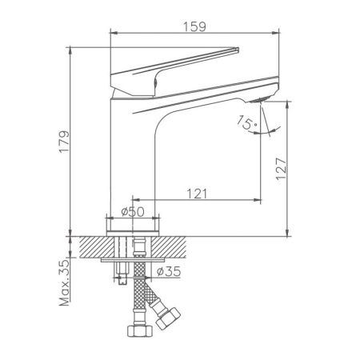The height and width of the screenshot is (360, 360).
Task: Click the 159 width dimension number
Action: (197, 25)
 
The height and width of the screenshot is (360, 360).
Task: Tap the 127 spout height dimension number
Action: (294, 170)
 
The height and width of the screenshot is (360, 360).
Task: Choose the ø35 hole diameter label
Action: (169, 272)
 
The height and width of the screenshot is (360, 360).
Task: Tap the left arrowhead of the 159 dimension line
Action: (111, 34)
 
